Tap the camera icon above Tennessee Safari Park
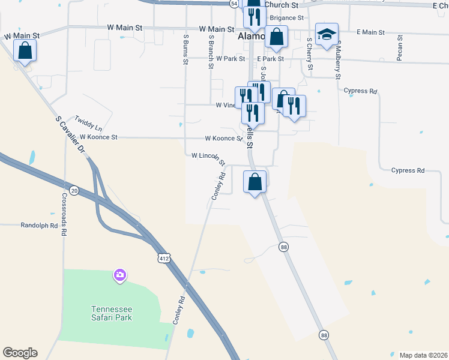tap(120, 275)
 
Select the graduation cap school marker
tap(327, 35)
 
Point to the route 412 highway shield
tap(164, 258)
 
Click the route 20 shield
tap(74, 190)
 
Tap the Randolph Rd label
tap(39, 226)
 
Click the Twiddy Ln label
tap(89, 124)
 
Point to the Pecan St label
tap(399, 46)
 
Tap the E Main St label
tap(370, 32)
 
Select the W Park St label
tap(231, 59)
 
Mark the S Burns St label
tap(185, 49)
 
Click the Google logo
tap(20, 353)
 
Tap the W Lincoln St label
tap(208, 158)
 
